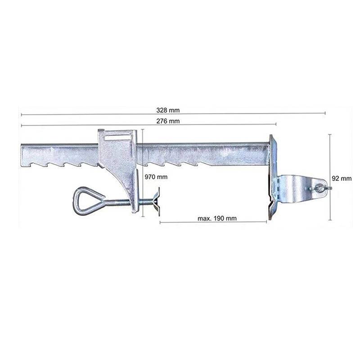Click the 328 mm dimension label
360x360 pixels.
pos(168,110)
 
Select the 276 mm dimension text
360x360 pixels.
pos(168,121)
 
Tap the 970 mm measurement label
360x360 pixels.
pos(156,177)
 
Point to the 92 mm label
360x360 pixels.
pos(342,178)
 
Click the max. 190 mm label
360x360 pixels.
pos(217,218)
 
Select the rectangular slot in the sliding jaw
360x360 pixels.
pos(118,138)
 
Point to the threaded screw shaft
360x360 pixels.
pos(129,202)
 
